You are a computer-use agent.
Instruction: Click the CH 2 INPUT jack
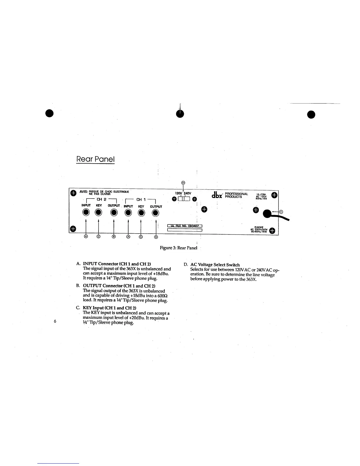[x=86, y=212]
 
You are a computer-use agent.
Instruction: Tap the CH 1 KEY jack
[x=141, y=212]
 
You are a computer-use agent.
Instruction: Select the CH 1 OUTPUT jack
[x=156, y=212]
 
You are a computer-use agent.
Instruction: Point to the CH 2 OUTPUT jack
[x=114, y=212]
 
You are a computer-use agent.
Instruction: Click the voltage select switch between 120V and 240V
[x=184, y=199]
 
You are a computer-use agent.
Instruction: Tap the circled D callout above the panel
[x=183, y=183]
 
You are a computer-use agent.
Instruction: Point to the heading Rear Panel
[x=95, y=159]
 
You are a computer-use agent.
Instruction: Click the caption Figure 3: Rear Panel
[x=178, y=248]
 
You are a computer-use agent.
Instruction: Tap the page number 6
[x=55, y=321]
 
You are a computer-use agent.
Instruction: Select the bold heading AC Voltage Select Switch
[x=215, y=265]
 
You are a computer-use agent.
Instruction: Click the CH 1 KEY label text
[x=141, y=207]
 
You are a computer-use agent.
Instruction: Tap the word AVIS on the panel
[x=84, y=192]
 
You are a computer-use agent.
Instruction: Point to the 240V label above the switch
[x=188, y=193]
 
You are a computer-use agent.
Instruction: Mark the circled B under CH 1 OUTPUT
[x=156, y=237]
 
